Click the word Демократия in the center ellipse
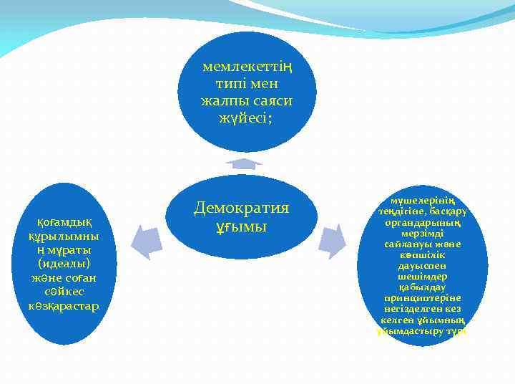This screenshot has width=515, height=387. coord(241,208)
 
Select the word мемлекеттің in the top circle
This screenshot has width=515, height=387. coord(248,67)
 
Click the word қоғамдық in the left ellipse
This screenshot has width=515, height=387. coord(64,222)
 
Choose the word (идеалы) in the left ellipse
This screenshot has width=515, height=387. coord(64,264)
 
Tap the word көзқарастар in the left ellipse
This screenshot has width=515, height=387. coord(64,306)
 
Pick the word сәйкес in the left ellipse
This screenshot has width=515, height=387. coord(64,292)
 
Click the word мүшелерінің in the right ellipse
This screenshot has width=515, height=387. coord(422,201)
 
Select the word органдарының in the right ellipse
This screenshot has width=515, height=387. coord(422,223)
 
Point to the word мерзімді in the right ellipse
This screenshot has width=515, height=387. coord(422,234)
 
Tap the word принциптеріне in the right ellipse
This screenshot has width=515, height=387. coord(422,297)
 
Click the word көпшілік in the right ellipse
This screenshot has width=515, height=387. coord(422,255)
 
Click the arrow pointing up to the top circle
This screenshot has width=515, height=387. coord(244,163)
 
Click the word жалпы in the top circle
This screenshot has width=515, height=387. coord(222,101)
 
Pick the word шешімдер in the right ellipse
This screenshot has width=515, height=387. coord(422,276)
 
